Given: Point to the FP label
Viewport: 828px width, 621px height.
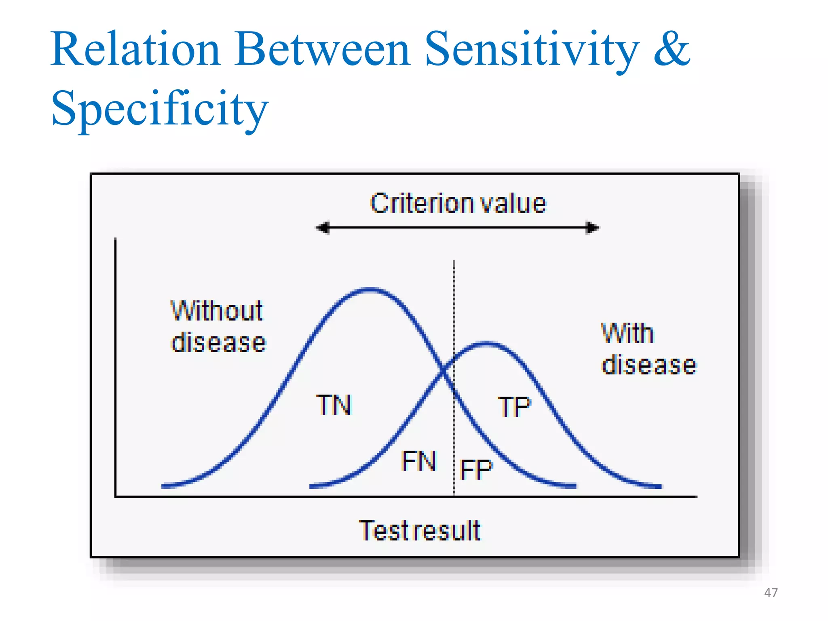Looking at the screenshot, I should tap(477, 469).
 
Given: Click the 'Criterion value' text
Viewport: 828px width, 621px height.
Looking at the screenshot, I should tap(458, 203).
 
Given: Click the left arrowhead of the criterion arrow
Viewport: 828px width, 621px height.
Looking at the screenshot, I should tap(323, 228).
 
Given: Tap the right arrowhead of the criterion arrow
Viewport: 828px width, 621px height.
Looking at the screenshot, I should tap(593, 228).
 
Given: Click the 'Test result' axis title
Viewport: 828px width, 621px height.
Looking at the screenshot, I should tap(420, 530).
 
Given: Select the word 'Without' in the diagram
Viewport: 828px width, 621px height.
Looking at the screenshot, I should tap(217, 311).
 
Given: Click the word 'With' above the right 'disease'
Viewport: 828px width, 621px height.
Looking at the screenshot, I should tap(627, 334).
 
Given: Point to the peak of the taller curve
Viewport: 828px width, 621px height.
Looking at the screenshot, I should tap(370, 289).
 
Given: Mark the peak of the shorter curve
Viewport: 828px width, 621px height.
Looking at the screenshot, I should tap(486, 344).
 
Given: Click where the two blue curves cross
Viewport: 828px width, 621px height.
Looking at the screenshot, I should tap(444, 370).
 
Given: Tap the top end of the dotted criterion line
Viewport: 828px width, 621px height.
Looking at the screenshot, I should tap(454, 262).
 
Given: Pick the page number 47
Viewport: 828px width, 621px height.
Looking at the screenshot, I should tap(771, 593).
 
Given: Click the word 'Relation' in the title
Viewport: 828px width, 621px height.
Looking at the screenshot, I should tap(135, 49).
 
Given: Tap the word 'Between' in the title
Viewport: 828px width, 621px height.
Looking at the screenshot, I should tap(322, 49).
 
